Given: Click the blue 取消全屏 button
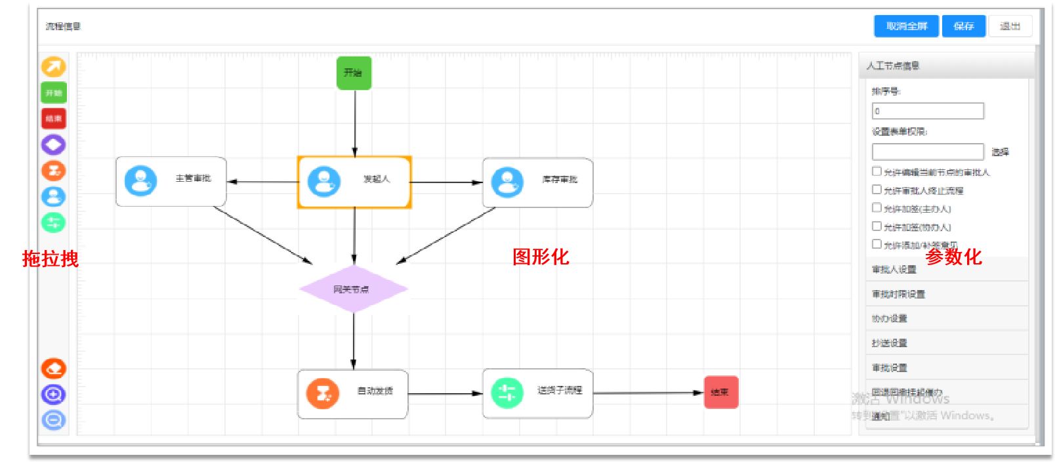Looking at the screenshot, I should pyautogui.click(x=906, y=26).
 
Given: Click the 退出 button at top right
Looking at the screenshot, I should pyautogui.click(x=1010, y=26).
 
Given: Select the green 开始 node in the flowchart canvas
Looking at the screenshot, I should pyautogui.click(x=354, y=73).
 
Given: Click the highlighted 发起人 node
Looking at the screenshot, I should pyautogui.click(x=354, y=182).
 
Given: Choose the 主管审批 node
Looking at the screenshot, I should pyautogui.click(x=171, y=181).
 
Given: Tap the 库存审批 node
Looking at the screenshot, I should pyautogui.click(x=537, y=182).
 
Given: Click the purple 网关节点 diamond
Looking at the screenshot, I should pyautogui.click(x=353, y=289).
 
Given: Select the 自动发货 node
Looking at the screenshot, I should pyautogui.click(x=352, y=394).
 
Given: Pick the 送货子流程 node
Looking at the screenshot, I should pyautogui.click(x=537, y=393).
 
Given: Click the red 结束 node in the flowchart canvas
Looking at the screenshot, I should pyautogui.click(x=721, y=392).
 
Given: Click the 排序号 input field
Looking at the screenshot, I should pyautogui.click(x=928, y=111).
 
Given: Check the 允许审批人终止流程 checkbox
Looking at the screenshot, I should pyautogui.click(x=877, y=190).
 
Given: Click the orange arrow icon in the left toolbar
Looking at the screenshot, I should pyautogui.click(x=54, y=67).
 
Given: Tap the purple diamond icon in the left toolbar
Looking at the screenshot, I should pyautogui.click(x=54, y=144).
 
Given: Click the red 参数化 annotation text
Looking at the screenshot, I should pyautogui.click(x=953, y=257).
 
